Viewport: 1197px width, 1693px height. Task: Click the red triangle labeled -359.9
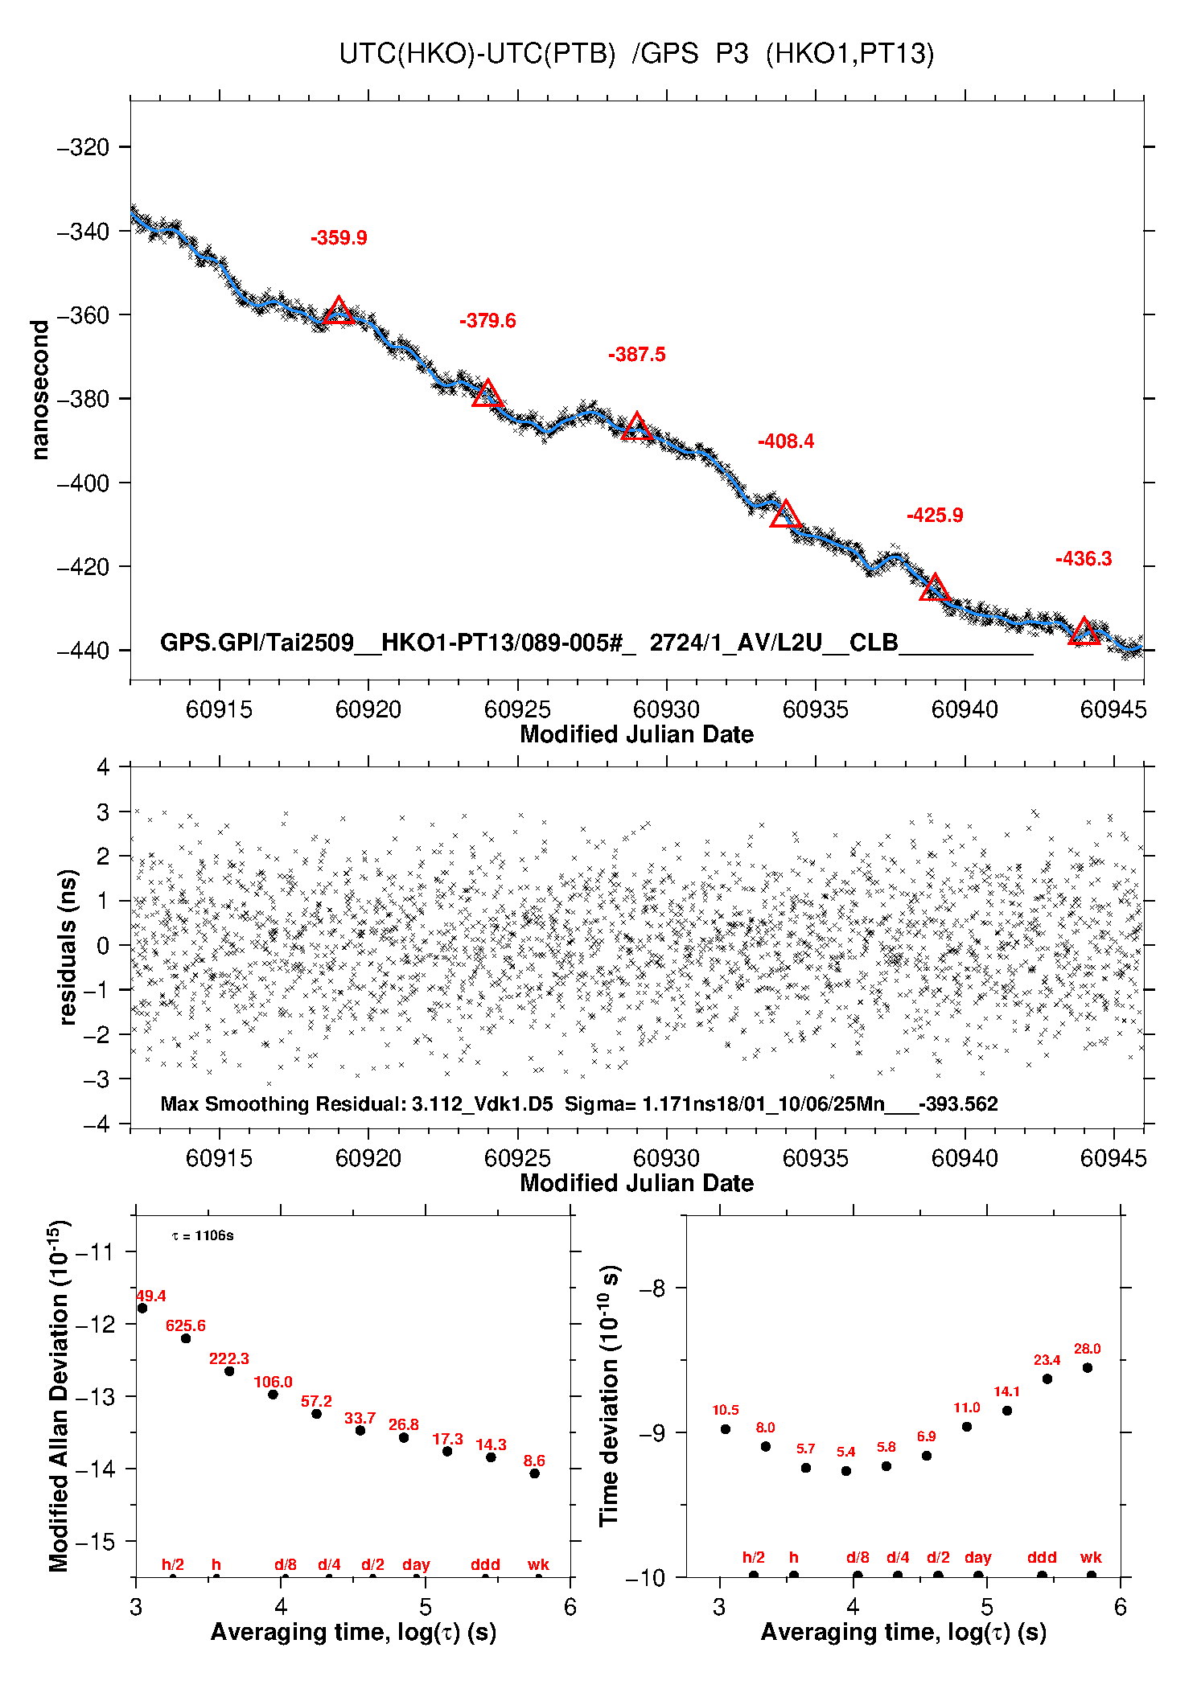click(339, 311)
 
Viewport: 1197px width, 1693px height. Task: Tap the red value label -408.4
click(785, 441)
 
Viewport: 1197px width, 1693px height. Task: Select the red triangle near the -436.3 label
click(1084, 632)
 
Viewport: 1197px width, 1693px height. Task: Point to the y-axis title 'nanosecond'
click(39, 390)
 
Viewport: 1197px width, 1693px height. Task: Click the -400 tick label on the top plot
click(83, 483)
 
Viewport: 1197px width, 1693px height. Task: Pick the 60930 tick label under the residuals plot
click(666, 1157)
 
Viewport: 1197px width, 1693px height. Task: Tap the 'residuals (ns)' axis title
click(68, 946)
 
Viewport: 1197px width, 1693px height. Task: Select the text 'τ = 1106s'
click(203, 1235)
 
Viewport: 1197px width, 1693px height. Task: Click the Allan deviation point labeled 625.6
click(186, 1338)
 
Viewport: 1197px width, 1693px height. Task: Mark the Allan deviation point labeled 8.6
click(534, 1473)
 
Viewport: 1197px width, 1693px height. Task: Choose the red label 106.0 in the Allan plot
click(273, 1382)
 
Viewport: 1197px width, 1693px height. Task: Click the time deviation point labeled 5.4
click(845, 1471)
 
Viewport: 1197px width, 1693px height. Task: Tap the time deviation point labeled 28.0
click(1087, 1368)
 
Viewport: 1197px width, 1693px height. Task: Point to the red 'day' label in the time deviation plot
click(977, 1558)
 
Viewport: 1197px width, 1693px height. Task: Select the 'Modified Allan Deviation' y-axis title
click(59, 1395)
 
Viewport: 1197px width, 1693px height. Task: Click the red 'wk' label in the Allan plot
click(538, 1564)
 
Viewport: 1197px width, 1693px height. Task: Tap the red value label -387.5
click(636, 354)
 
